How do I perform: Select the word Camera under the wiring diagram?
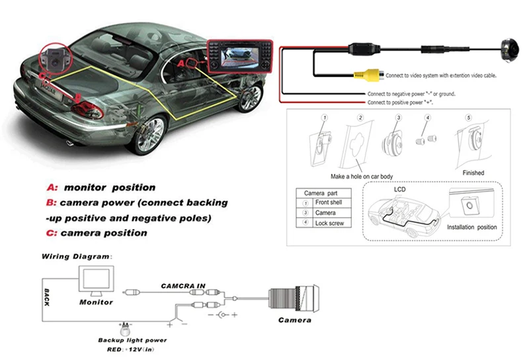[294, 320]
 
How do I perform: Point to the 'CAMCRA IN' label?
[184, 286]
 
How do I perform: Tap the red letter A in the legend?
[50, 187]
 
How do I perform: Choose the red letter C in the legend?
[50, 233]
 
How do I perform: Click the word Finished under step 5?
[473, 173]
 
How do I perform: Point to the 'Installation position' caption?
[472, 227]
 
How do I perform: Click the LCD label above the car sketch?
[401, 189]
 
